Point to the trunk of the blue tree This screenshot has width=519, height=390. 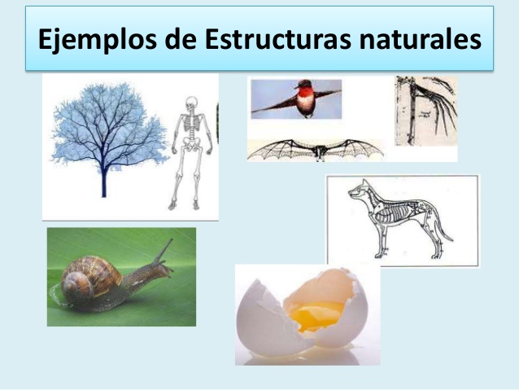click(x=103, y=179)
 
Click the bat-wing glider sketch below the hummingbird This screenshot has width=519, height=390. click(x=314, y=149)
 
